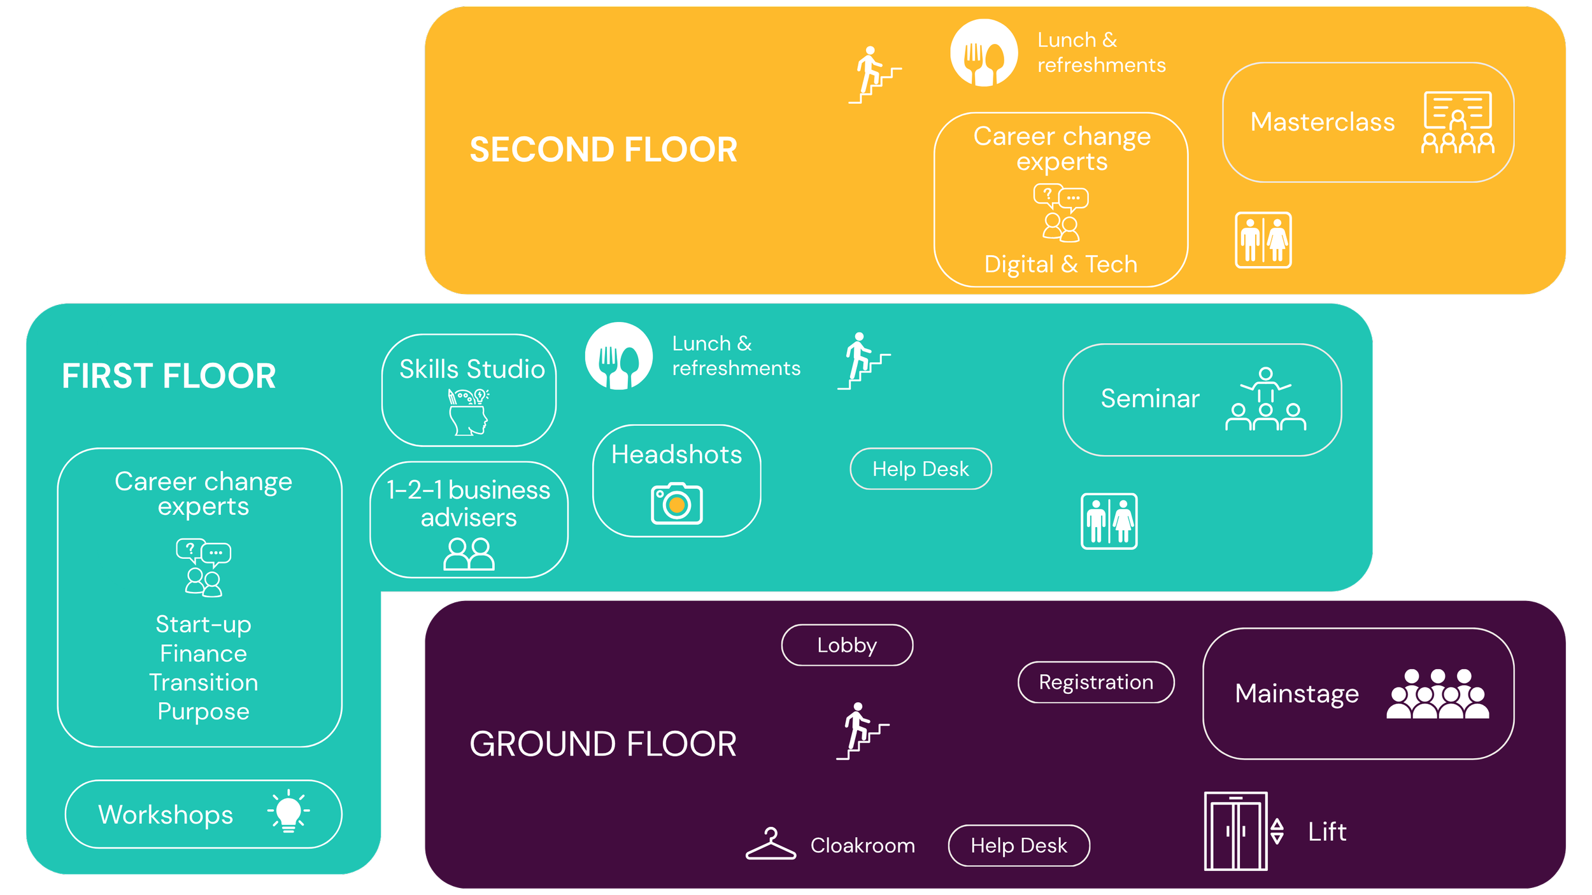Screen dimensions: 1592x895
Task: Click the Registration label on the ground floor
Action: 1096,682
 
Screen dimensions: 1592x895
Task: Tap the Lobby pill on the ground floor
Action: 847,645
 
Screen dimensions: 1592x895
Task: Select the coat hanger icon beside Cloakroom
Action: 771,844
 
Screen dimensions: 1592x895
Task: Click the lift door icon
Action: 1235,831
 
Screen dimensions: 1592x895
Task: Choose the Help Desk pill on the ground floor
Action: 1019,846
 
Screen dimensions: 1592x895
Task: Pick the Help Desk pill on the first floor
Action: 921,469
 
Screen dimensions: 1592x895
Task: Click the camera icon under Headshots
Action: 676,504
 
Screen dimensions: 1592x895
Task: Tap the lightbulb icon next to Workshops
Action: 288,812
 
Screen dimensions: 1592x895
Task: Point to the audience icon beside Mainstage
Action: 1438,694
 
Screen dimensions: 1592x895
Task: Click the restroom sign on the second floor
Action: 1263,240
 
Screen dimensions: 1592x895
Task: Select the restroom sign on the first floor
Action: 1109,521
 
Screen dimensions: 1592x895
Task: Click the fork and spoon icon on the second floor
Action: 984,53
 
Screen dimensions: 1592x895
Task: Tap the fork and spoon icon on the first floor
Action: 619,356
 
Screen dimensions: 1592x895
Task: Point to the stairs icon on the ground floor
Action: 862,731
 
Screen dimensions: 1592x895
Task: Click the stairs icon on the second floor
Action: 874,75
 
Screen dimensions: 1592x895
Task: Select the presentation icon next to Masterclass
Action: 1458,123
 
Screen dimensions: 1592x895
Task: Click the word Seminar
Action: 1150,399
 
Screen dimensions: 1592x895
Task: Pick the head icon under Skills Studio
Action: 469,412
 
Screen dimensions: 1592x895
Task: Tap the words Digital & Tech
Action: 1061,264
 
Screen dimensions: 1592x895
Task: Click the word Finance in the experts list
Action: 203,654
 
